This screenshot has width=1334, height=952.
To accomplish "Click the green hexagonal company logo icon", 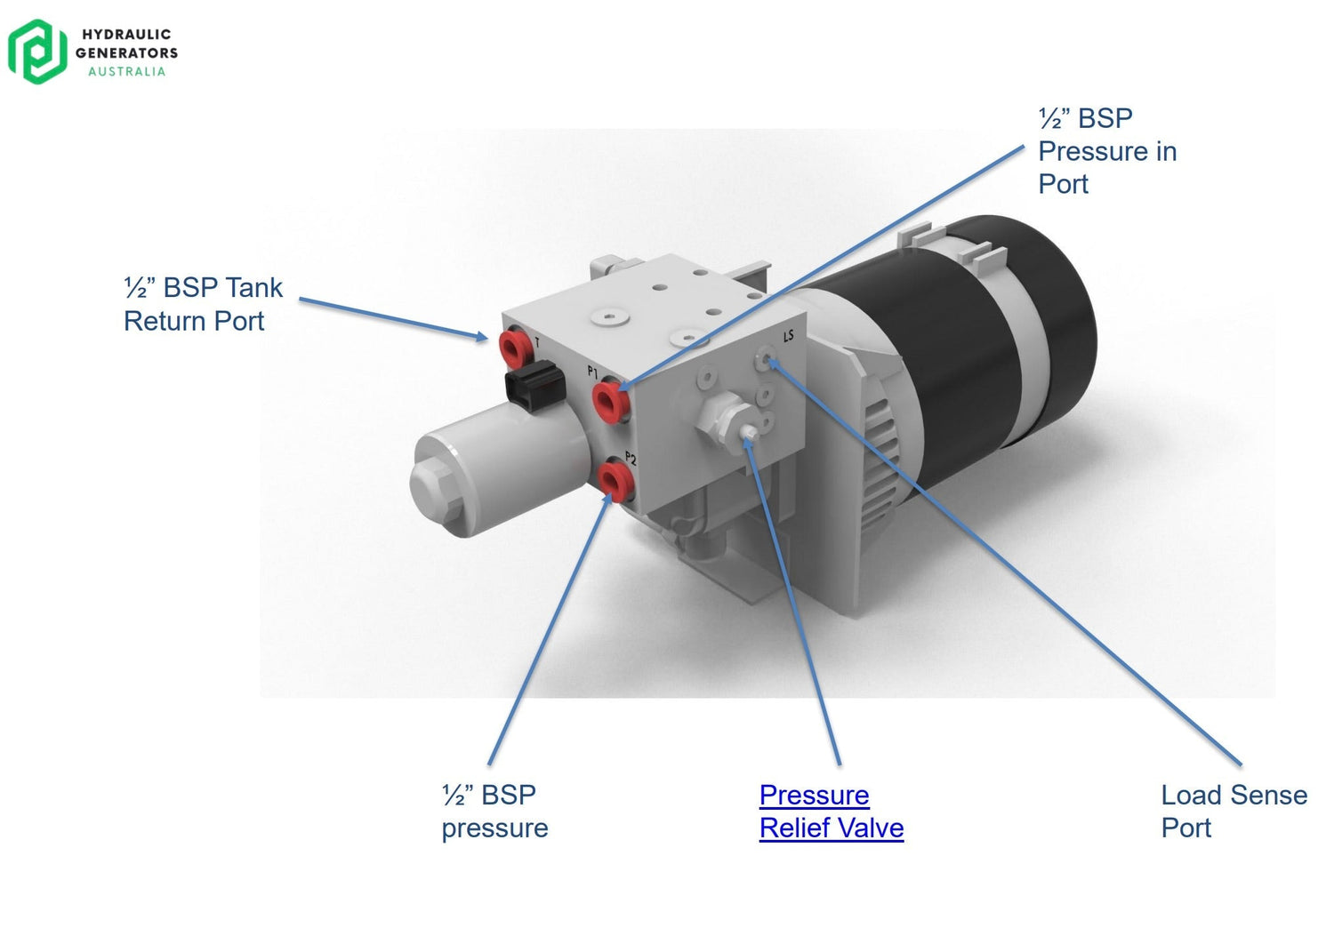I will tap(37, 52).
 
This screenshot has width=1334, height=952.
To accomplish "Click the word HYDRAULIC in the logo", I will tap(126, 35).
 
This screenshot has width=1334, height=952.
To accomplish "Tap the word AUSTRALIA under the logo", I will tap(126, 71).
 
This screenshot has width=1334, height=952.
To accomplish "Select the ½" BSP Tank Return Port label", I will tap(203, 304).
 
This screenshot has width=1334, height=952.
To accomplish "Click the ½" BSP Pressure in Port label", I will tap(1107, 151).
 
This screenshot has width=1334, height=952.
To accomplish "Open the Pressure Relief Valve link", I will tap(831, 811).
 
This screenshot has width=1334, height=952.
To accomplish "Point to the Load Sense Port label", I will tap(1234, 811).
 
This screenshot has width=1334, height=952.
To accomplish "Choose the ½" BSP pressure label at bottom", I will tap(494, 811).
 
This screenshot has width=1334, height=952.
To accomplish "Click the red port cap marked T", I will tap(513, 348).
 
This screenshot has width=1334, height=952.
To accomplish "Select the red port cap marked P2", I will tap(613, 480).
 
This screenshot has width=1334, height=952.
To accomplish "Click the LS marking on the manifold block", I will tap(788, 336).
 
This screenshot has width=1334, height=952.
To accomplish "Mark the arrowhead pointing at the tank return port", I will tap(481, 336).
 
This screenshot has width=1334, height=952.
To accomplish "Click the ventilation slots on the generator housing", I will tap(880, 462).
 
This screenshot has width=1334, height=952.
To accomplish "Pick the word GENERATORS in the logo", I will tap(126, 53).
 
